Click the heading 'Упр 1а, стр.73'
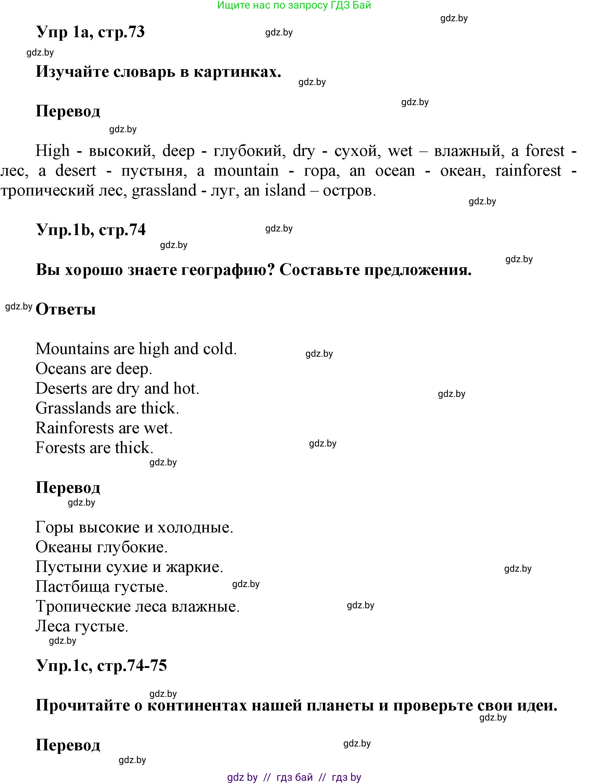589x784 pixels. point(90,32)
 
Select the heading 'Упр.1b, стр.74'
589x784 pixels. point(91,230)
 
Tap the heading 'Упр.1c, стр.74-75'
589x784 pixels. point(101,665)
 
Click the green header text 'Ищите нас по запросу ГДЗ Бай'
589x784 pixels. point(294,5)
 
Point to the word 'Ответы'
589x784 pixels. point(66,309)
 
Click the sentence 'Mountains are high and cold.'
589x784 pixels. point(136,349)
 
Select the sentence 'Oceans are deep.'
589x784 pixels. point(94,369)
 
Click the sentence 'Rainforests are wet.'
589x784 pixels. point(104,428)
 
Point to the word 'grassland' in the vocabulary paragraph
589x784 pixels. point(164,191)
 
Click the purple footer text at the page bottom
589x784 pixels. point(294,777)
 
